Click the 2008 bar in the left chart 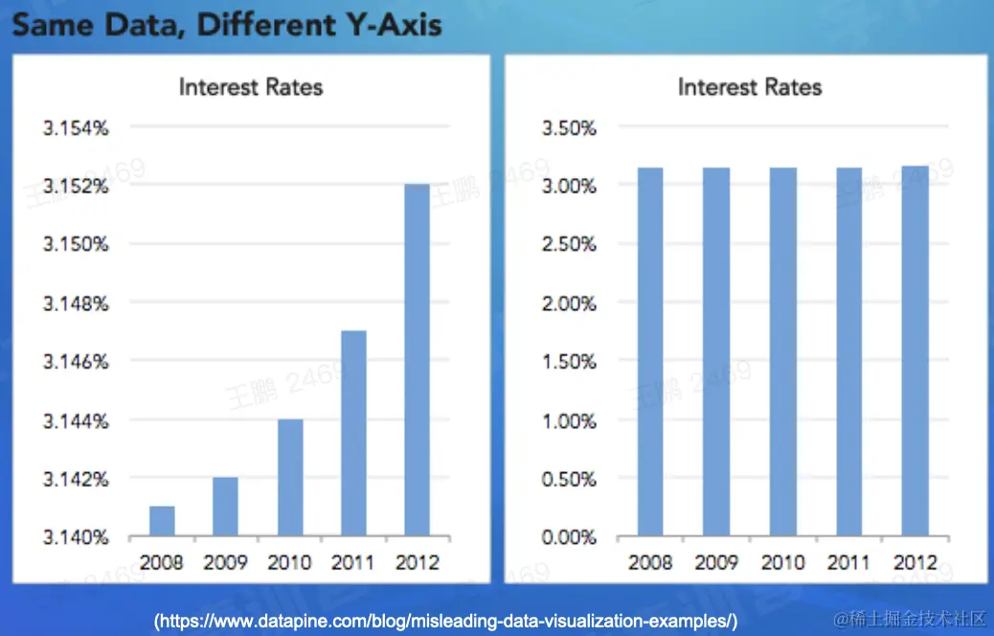pos(162,521)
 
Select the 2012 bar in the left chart pos(418,360)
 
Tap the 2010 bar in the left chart pos(290,478)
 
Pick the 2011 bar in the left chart pos(353,434)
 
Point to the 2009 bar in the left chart pos(225,507)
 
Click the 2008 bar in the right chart pos(650,352)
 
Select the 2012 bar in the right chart pos(914,352)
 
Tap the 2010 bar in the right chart pos(782,352)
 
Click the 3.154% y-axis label pos(76,127)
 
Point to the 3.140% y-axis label pos(76,537)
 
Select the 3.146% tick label pos(76,362)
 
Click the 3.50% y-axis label pos(569,127)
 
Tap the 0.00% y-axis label pos(569,537)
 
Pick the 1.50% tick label pos(569,362)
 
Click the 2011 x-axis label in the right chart pos(848,562)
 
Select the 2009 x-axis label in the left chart pos(225,562)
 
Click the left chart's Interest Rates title pos(251,87)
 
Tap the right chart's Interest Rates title pos(750,87)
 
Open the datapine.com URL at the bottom pos(446,621)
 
